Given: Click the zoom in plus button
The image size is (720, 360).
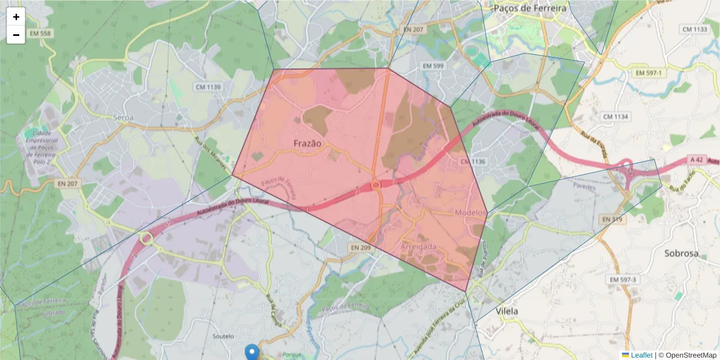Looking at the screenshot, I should click(16, 17).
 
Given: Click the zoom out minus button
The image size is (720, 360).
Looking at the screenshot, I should click(16, 35).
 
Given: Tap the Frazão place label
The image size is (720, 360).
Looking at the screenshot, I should click(308, 143).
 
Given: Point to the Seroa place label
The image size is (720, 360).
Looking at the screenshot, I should click(123, 118).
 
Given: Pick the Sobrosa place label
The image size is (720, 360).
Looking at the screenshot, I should click(682, 253).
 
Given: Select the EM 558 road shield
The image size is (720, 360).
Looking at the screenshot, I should click(38, 34).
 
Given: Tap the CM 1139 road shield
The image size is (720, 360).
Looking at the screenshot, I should click(208, 87).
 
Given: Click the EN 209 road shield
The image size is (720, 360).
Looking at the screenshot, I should click(362, 247).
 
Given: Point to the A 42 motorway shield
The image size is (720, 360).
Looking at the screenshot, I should click(696, 160).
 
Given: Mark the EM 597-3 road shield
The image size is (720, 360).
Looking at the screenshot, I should click(622, 280).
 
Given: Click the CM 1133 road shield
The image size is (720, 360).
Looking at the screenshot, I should click(695, 29).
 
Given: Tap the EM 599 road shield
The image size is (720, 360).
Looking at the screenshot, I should click(433, 65).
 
